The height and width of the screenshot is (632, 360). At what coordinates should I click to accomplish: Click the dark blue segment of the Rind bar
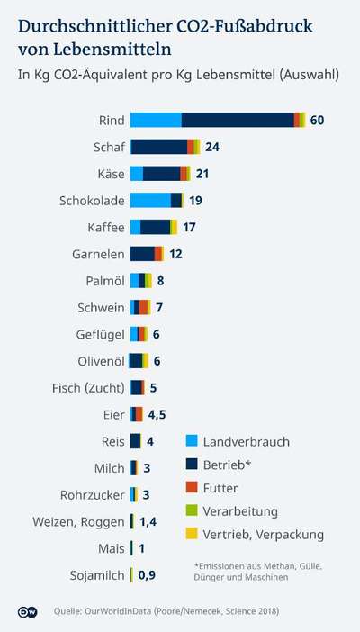pyautogui.click(x=238, y=121)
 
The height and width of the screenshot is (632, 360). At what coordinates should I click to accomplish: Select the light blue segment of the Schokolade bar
pyautogui.click(x=150, y=201)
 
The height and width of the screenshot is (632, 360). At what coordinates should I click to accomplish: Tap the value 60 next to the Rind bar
pyautogui.click(x=317, y=121)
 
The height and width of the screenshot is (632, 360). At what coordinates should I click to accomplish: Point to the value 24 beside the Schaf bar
pyautogui.click(x=212, y=147)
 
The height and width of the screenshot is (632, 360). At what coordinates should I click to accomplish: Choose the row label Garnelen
pyautogui.click(x=98, y=254)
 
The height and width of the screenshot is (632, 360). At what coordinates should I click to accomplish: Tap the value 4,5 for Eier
pyautogui.click(x=157, y=414)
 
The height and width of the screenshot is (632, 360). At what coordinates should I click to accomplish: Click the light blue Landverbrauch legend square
pyautogui.click(x=192, y=441)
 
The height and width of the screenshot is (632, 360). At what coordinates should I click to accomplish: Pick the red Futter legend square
pyautogui.click(x=192, y=488)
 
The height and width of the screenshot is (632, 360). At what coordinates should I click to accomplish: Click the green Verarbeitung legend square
pyautogui.click(x=192, y=511)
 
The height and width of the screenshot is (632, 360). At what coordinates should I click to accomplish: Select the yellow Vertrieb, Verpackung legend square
pyautogui.click(x=192, y=535)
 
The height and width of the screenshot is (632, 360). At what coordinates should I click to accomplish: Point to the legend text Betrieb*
pyautogui.click(x=227, y=465)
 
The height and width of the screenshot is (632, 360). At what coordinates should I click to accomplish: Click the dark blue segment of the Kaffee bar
pyautogui.click(x=155, y=227)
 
